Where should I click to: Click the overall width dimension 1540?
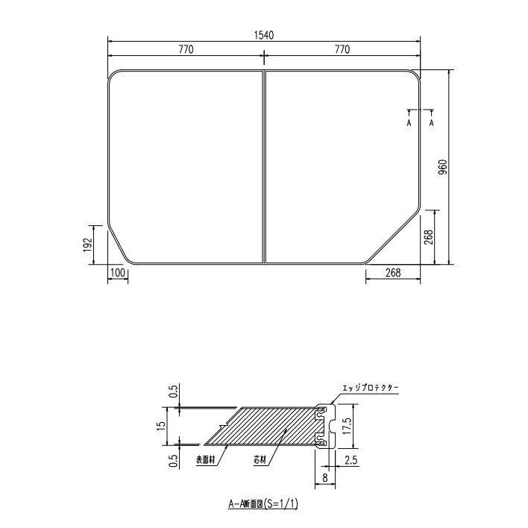[x=264, y=35]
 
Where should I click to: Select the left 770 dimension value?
[x=186, y=50]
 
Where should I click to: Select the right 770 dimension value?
[x=342, y=50]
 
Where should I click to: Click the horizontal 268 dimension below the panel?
[x=393, y=273]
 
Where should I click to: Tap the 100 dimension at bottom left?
[x=117, y=273]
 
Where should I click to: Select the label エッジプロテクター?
[x=371, y=388]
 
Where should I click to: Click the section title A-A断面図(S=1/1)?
[x=263, y=503]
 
